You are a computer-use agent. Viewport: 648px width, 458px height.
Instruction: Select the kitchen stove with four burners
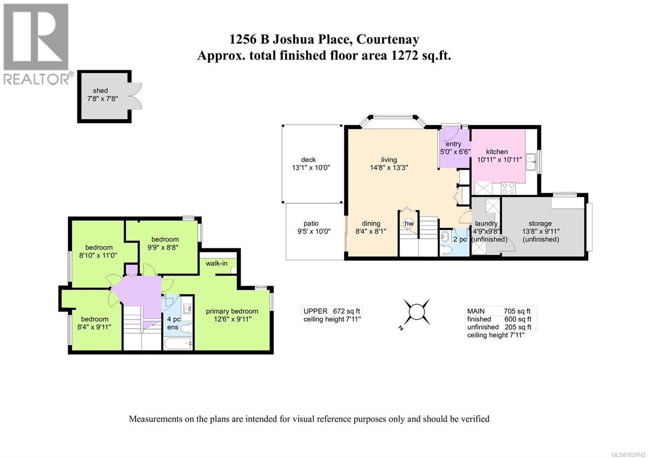click(x=509, y=188)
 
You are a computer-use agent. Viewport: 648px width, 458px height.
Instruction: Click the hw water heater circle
click(x=409, y=223)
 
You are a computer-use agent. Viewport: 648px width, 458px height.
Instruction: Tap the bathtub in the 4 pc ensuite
click(x=179, y=344)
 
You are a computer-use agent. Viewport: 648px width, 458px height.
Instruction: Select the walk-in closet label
click(x=216, y=263)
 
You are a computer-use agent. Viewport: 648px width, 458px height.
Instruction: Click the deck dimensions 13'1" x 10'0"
click(x=311, y=167)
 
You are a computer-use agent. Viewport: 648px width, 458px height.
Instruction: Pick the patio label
click(x=311, y=223)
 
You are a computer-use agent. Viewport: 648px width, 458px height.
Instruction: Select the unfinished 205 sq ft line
click(x=499, y=327)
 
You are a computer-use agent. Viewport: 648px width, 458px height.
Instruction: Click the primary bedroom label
click(x=232, y=311)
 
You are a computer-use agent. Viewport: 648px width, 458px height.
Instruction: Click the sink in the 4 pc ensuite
click(x=187, y=309)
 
